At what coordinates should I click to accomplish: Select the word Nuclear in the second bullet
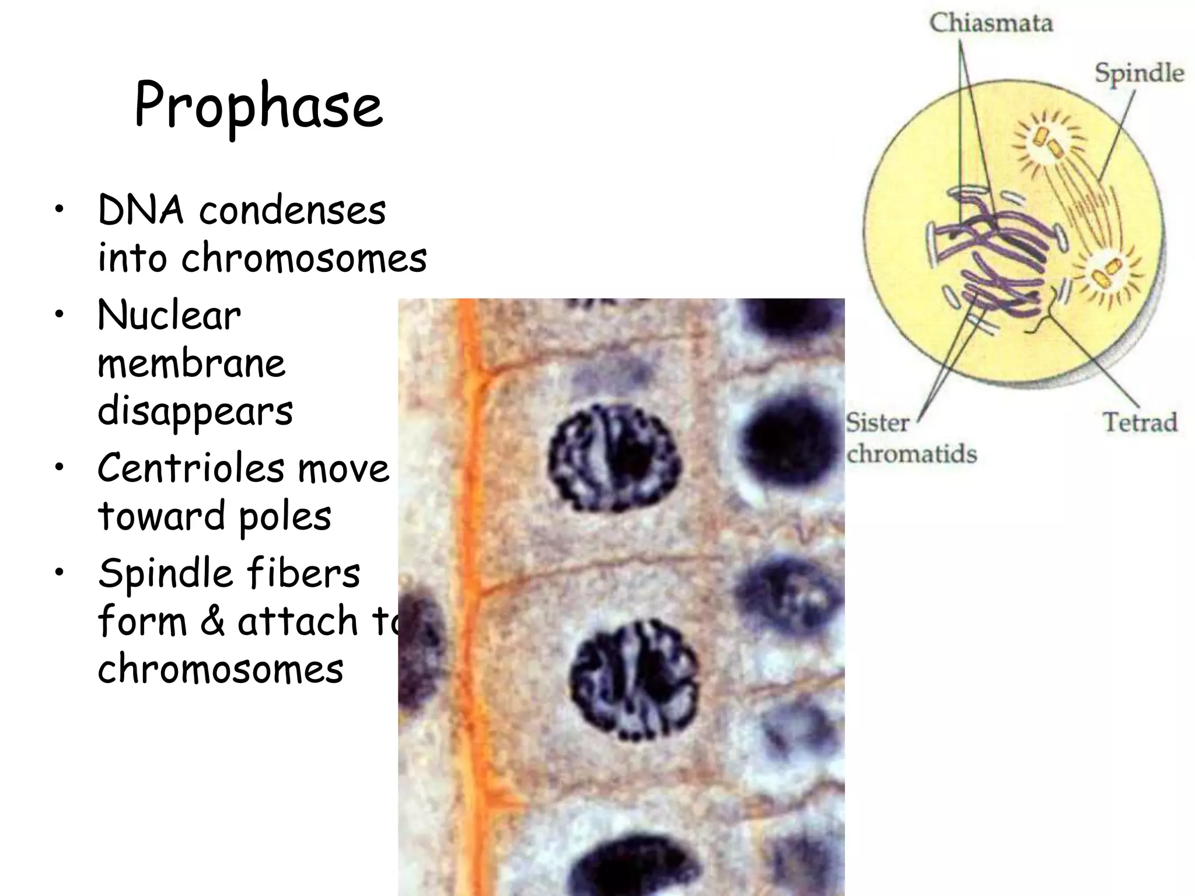click(x=169, y=316)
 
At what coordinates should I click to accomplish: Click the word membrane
click(x=191, y=363)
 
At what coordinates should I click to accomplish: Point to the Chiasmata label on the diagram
click(x=991, y=23)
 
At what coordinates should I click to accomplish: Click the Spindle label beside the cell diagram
click(x=1139, y=73)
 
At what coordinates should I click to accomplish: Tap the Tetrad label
click(x=1140, y=422)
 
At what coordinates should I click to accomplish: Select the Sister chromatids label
click(x=911, y=438)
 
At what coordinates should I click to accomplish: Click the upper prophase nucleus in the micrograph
click(x=614, y=459)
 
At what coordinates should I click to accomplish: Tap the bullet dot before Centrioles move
click(x=58, y=468)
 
